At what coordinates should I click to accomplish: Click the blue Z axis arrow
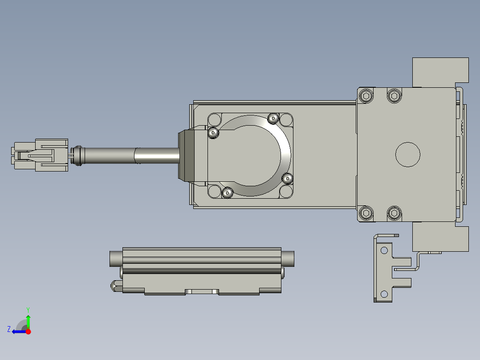point(19,331)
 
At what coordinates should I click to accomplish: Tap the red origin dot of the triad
point(28,331)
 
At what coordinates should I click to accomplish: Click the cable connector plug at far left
point(40,155)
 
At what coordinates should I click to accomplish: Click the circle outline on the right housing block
point(408,155)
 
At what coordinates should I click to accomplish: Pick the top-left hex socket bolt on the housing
point(366,96)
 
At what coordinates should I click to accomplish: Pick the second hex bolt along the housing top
point(395,96)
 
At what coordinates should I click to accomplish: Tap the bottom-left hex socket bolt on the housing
point(366,213)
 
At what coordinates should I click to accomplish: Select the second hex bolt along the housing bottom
point(395,213)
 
